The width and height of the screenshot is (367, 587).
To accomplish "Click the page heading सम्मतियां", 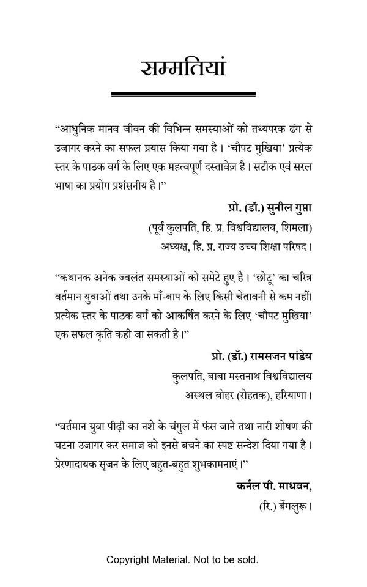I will (183, 67).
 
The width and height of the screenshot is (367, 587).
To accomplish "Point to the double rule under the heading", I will (183, 94).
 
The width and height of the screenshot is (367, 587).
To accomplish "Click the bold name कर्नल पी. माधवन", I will (273, 487).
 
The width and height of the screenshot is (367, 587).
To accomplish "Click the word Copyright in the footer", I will (127, 559).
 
